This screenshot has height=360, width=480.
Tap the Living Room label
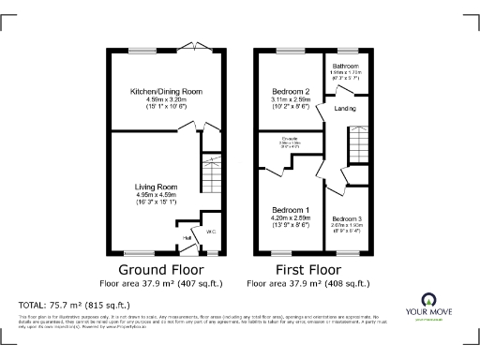(155, 187)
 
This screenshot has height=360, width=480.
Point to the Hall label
(187, 238)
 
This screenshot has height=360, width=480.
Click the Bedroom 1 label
(290, 209)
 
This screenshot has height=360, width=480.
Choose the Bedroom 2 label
(290, 92)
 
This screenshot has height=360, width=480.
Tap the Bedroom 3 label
(347, 217)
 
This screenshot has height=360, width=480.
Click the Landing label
(344, 110)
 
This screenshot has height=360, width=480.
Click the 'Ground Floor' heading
(149, 268)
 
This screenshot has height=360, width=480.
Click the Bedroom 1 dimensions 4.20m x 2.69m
(290, 217)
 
